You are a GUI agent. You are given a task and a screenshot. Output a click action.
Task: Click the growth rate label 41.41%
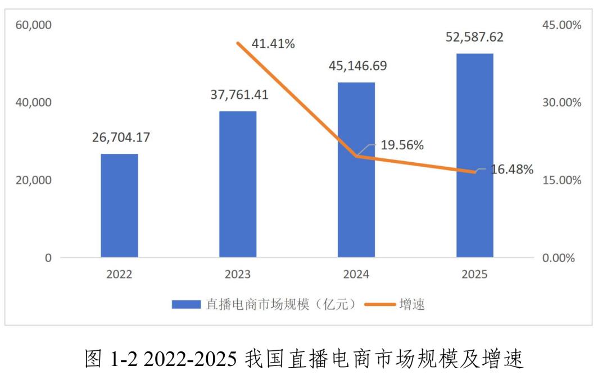click(273, 44)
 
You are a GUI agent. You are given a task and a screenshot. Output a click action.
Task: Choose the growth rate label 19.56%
click(402, 145)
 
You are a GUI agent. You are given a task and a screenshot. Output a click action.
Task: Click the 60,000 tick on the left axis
click(33, 25)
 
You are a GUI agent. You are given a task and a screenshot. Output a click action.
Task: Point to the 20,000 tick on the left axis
click(33, 180)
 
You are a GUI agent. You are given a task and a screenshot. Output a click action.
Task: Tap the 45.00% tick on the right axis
click(562, 25)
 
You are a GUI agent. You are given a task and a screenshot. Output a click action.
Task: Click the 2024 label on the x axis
click(356, 275)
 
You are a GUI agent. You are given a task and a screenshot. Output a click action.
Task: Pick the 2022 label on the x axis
click(119, 275)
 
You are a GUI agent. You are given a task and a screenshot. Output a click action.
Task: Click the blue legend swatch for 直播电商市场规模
click(186, 304)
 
